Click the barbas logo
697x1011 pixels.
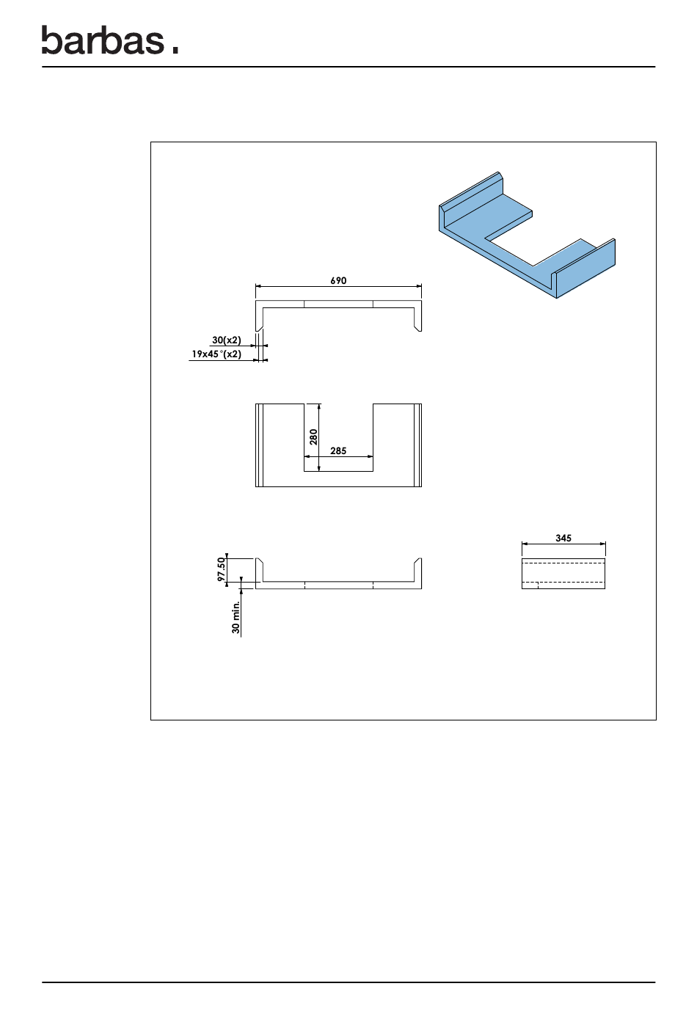[x=110, y=40]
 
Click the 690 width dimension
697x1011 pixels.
[x=338, y=280]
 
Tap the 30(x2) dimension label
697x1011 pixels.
[x=226, y=340]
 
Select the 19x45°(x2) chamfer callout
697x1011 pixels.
[x=216, y=354]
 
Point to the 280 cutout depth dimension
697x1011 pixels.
[x=313, y=437]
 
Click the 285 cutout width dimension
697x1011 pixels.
[x=338, y=450]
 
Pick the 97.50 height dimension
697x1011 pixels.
[x=221, y=569]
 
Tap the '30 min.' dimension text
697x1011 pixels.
[x=236, y=617]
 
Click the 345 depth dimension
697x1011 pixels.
[x=563, y=538]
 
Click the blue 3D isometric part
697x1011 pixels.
[x=527, y=235]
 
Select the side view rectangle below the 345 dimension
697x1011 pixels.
[x=563, y=574]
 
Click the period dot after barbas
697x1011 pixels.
[x=175, y=51]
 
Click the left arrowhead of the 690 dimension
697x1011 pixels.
[x=258, y=286]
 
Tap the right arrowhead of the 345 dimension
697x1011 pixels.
[x=602, y=544]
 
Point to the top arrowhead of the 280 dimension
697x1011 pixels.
[x=319, y=406]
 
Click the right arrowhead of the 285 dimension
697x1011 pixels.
[x=371, y=457]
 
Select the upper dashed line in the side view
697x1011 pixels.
[x=563, y=563]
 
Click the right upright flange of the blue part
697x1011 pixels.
[x=585, y=269]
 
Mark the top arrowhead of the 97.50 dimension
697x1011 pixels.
[x=227, y=555]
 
